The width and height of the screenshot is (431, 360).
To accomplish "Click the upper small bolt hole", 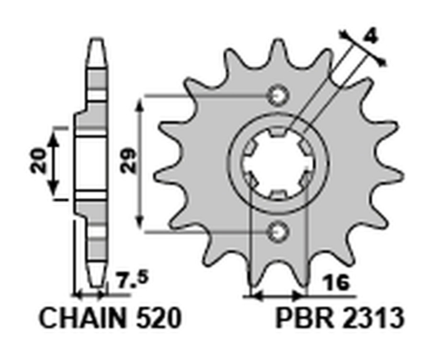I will (x=278, y=96).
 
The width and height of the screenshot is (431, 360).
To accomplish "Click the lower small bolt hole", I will (x=278, y=232).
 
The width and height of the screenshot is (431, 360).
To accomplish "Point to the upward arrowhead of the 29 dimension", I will (x=140, y=104).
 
